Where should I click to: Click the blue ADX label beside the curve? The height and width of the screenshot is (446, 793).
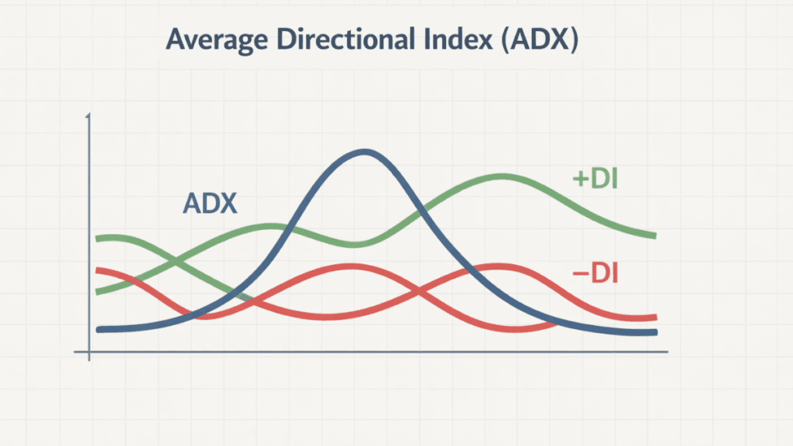(x=210, y=204)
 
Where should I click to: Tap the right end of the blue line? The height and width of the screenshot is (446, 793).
(x=654, y=333)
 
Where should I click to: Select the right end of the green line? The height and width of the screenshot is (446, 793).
(x=654, y=235)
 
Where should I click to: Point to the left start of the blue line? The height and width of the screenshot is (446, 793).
(x=99, y=330)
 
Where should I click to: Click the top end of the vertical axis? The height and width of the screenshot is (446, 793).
(x=90, y=116)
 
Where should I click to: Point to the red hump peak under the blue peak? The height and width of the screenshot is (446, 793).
(x=350, y=267)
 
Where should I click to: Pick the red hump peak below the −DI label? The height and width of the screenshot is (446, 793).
(x=496, y=267)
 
